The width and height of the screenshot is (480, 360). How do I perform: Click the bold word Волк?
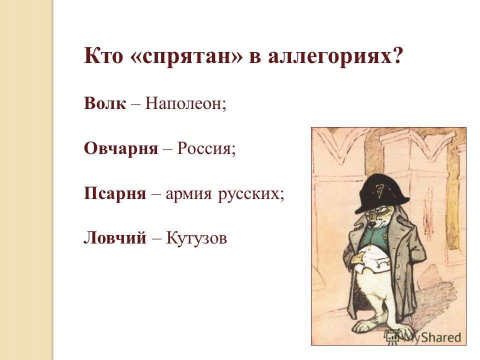[x=104, y=103]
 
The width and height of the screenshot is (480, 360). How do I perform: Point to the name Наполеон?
[x=183, y=103]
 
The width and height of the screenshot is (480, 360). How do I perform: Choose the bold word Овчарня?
[x=121, y=149]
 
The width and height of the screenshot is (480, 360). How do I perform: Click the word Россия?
[x=204, y=149]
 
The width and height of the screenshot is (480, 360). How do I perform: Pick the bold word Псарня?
[x=115, y=194]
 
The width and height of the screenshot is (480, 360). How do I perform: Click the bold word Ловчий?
[x=115, y=237]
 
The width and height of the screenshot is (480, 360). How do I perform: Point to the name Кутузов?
[x=196, y=238]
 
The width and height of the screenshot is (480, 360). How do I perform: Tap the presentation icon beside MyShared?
[x=393, y=336]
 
